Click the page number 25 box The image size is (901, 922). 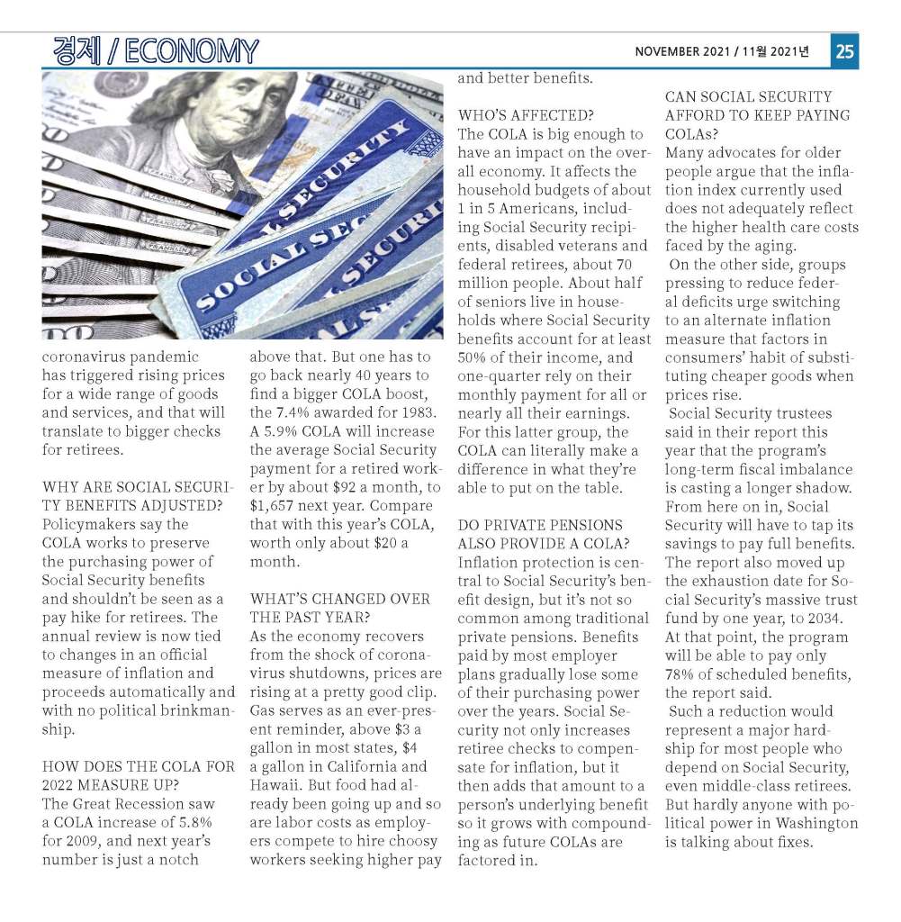pos(844,52)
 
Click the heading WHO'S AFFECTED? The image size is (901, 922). pos(525,115)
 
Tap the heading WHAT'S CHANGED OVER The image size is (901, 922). pos(339,599)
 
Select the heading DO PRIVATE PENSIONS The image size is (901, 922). pos(539,525)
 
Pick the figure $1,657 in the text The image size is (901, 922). pos(273,506)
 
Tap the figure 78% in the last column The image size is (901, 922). pos(680,674)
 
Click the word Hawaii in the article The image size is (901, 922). pos(273,785)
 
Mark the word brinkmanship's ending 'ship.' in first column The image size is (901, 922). pos(59,729)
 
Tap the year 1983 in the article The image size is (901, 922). pos(418,413)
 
